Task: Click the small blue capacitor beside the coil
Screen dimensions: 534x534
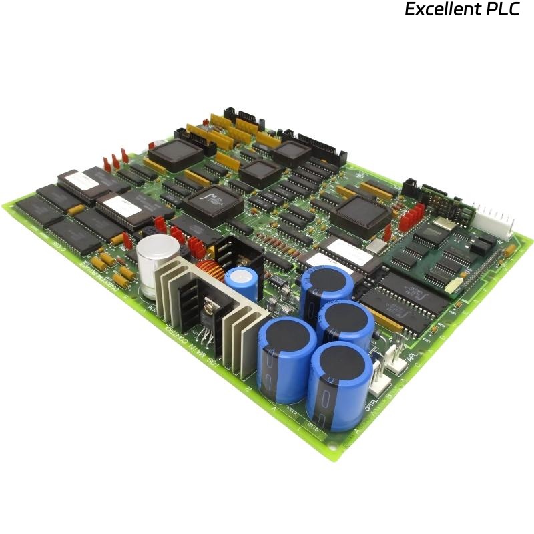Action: (x=240, y=284)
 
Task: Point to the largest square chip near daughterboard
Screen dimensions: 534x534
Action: (x=361, y=214)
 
